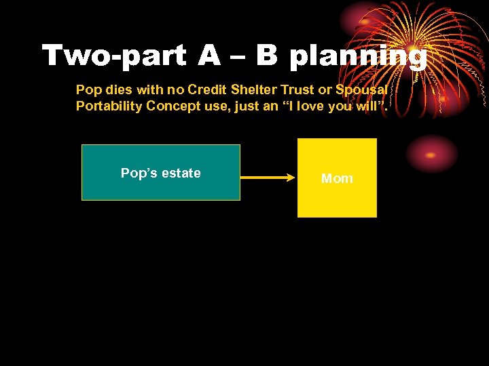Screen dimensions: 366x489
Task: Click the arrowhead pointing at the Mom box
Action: [x=289, y=178]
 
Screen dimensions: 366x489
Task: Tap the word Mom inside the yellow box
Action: [x=337, y=178]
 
